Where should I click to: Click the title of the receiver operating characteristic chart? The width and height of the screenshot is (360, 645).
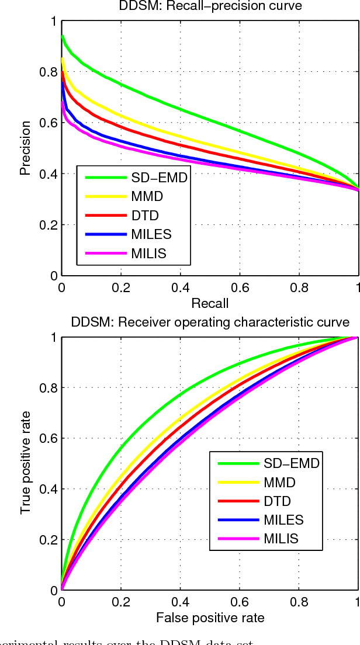[210, 322]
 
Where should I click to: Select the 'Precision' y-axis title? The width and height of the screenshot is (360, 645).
[25, 148]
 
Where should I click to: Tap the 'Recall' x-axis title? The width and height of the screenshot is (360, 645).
[209, 303]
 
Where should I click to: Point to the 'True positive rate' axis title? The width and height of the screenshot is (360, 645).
[25, 464]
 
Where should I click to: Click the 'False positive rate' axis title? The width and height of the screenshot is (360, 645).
[209, 618]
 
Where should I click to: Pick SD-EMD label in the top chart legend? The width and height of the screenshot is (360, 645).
[159, 178]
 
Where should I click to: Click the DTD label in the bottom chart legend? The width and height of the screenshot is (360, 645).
[276, 501]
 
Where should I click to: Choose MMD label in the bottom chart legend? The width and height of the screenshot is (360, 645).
[279, 483]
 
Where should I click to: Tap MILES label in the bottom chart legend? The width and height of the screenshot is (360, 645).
[283, 520]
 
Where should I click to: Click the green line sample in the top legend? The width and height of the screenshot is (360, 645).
[105, 178]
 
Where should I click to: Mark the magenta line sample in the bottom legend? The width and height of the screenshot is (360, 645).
[237, 539]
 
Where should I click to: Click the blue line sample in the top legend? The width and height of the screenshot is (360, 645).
[105, 235]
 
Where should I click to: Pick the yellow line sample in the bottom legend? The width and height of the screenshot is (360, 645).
[237, 483]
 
